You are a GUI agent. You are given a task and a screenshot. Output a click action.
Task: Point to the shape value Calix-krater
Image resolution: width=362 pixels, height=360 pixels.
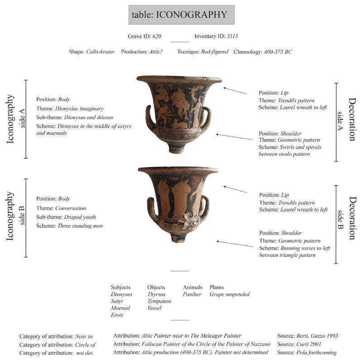pyautogui.click(x=100, y=52)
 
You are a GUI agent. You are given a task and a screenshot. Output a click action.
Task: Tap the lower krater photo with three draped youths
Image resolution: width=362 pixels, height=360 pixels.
pyautogui.click(x=178, y=199)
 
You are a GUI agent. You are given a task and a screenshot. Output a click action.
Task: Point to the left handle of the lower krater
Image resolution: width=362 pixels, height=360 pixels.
pyautogui.click(x=152, y=208)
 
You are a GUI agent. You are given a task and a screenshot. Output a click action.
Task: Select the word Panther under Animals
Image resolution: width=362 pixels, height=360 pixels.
pyautogui.click(x=192, y=294)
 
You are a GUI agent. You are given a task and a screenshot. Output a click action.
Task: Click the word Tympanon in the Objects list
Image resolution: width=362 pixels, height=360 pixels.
pyautogui.click(x=159, y=301)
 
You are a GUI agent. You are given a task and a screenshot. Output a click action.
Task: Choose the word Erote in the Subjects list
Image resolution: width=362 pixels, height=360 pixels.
pyautogui.click(x=117, y=315)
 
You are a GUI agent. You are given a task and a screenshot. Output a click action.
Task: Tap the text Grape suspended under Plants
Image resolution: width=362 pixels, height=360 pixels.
pyautogui.click(x=229, y=294)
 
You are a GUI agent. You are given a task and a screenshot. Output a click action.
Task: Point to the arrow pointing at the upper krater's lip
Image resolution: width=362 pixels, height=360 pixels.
pyautogui.click(x=235, y=91)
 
